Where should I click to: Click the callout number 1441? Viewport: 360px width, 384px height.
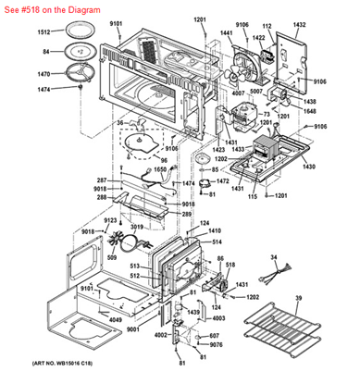[x=226, y=32]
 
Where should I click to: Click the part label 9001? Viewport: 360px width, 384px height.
[x=132, y=328]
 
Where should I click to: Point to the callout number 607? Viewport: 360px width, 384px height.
[x=214, y=336]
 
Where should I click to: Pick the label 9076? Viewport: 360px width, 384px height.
[x=216, y=345]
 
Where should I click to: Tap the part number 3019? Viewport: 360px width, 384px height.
[x=135, y=226]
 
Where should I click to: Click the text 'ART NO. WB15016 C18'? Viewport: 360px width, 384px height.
[x=41, y=377]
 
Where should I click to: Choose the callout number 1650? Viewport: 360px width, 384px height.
[x=159, y=170]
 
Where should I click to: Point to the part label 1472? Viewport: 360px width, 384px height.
[x=222, y=181]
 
